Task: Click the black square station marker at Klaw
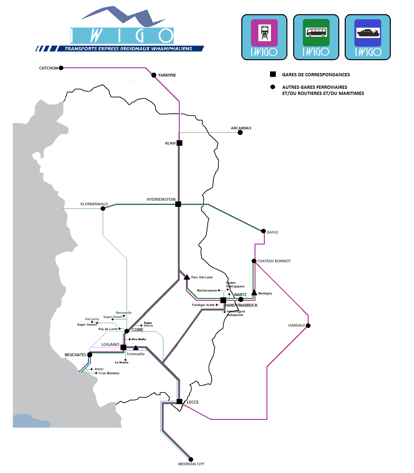click(x=179, y=143)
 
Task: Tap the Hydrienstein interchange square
click(x=178, y=204)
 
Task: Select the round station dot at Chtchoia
click(x=61, y=68)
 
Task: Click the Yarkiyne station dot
click(x=154, y=75)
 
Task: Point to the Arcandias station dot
click(x=240, y=133)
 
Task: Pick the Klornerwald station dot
click(x=103, y=209)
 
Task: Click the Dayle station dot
click(x=264, y=231)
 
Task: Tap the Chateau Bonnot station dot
click(x=254, y=261)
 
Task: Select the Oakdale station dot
click(x=308, y=326)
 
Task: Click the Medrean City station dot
click(x=191, y=459)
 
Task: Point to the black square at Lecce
click(x=179, y=402)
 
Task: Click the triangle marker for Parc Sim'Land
click(x=187, y=277)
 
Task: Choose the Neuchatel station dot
click(x=90, y=355)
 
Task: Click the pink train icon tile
click(x=264, y=33)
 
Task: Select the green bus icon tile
click(x=316, y=33)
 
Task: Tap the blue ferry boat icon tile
click(x=368, y=33)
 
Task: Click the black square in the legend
click(x=273, y=74)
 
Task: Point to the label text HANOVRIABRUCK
click(x=241, y=305)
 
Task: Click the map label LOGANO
click(x=110, y=345)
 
